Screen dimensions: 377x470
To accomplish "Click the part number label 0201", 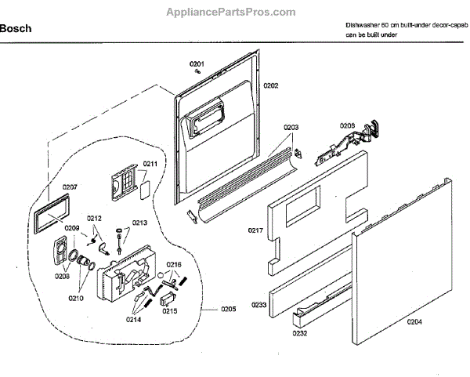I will tap(197, 63).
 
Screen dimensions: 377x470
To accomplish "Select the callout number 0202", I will tap(271, 85).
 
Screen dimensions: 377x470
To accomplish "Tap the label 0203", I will tap(291, 127).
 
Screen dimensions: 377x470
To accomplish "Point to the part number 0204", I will tap(415, 320).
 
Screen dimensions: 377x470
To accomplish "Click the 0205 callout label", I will tap(227, 309).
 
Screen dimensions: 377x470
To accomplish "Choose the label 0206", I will tap(347, 125).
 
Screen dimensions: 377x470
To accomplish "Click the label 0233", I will tap(259, 304).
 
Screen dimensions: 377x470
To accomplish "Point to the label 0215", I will tap(168, 311).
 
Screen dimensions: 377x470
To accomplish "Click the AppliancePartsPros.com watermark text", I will tap(232, 13).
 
